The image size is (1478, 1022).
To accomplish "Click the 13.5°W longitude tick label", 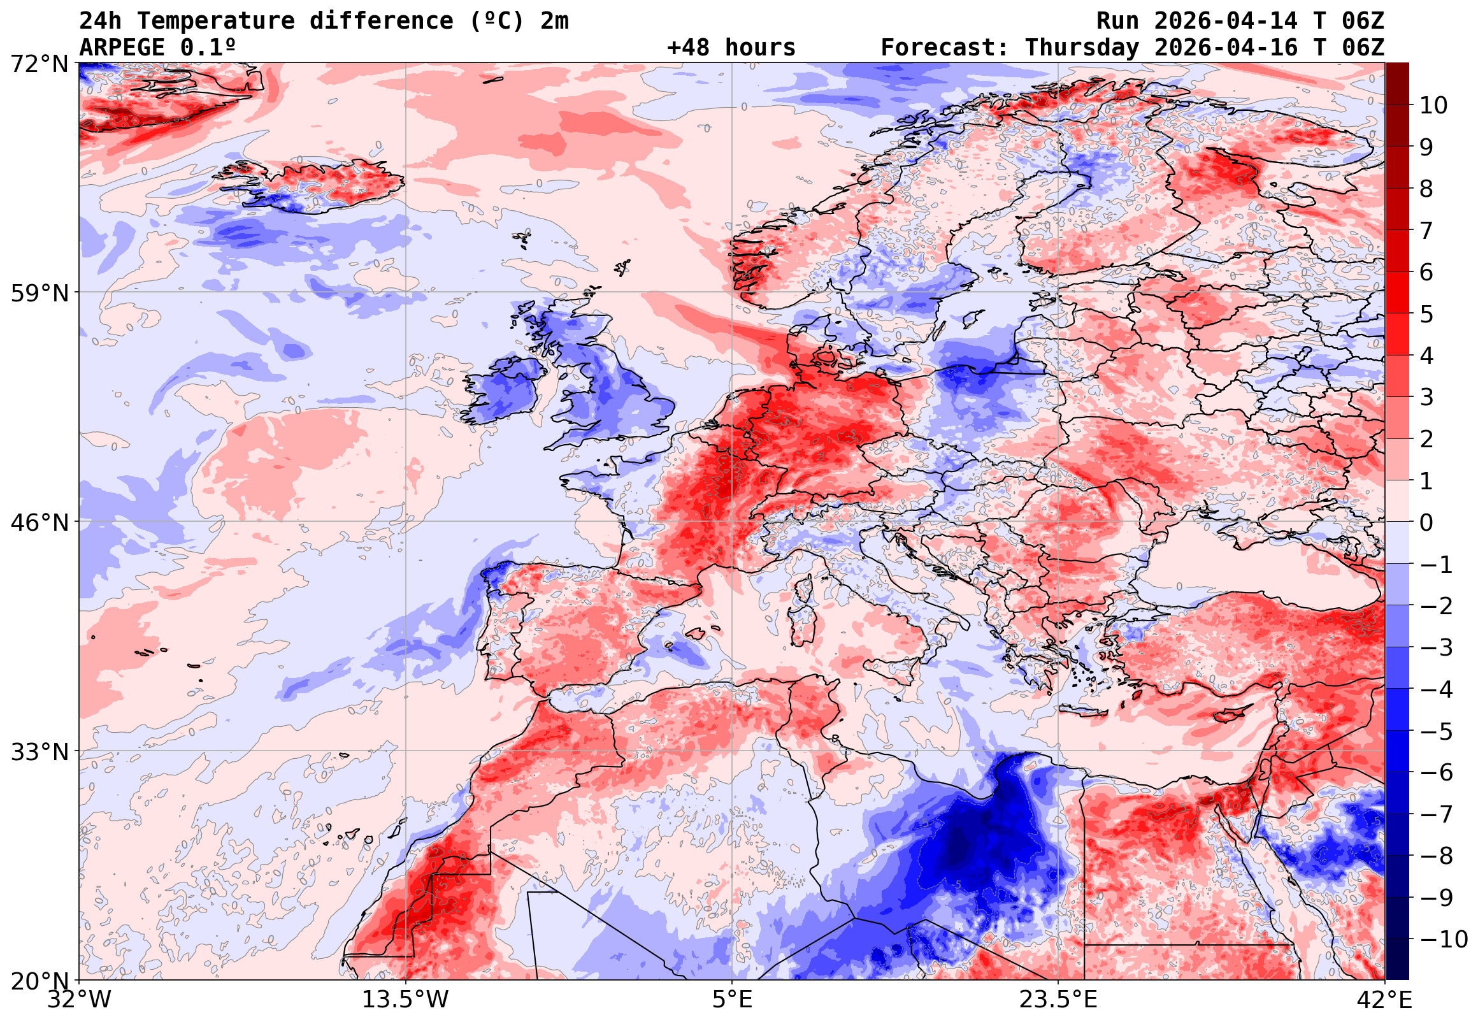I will pos(405,1000).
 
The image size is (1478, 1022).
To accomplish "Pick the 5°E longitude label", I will pos(731,1000).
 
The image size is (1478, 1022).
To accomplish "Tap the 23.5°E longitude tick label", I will pos(1058,1000).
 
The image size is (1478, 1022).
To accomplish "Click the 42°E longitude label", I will pos(1384,1000).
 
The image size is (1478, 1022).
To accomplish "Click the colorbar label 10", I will pos(1433,106).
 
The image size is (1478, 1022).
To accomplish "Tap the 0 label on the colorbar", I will pos(1426,522).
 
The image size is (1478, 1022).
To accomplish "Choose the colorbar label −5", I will pos(1436,731).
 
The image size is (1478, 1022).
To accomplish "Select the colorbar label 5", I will pos(1426,314).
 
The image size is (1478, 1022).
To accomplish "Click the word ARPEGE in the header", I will pos(122,48).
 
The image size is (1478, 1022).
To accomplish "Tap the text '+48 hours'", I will pos(731,48).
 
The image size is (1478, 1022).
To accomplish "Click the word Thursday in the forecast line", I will pos(1082,48).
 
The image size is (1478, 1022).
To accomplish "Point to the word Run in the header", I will pos(1117,21).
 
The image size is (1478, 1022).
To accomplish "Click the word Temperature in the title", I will pos(216,21).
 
